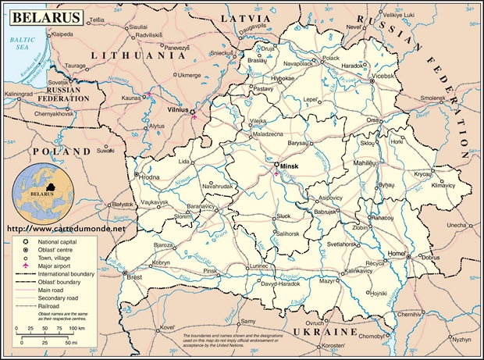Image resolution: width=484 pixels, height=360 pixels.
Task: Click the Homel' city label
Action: pyautogui.click(x=397, y=255)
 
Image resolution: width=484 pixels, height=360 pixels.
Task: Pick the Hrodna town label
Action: pyautogui.click(x=149, y=177)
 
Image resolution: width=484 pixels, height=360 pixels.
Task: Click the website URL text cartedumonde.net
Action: pyautogui.click(x=66, y=230)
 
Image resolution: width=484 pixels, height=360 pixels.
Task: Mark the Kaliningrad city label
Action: pyautogui.click(x=23, y=94)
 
